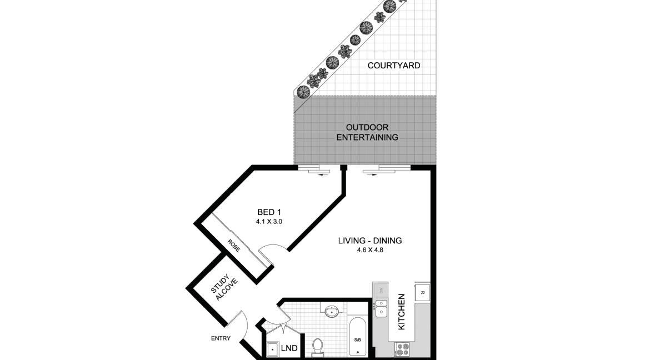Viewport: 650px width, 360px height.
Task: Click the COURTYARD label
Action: (x=393, y=66)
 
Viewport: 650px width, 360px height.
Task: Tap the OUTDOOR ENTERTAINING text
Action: (x=367, y=132)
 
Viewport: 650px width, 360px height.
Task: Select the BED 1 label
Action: (x=269, y=213)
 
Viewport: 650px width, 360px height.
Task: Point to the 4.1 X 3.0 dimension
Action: (x=269, y=222)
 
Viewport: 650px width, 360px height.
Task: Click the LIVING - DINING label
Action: (x=370, y=241)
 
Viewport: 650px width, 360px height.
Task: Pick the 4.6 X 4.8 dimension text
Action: (x=370, y=250)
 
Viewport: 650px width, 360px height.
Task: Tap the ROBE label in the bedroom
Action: (x=233, y=246)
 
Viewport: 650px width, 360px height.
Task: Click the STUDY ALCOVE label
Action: (x=224, y=287)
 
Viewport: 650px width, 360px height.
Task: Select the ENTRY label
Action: (x=221, y=338)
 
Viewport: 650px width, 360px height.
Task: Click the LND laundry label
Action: (x=289, y=348)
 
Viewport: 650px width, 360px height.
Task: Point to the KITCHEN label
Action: (x=401, y=312)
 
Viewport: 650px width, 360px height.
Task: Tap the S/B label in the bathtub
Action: (x=357, y=340)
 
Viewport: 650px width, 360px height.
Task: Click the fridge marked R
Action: (x=422, y=292)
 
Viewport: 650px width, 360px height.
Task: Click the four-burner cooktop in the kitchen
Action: (x=401, y=349)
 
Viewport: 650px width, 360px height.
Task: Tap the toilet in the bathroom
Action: (x=317, y=348)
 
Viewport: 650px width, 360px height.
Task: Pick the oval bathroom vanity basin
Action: (x=332, y=311)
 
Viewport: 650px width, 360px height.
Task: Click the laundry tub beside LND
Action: (x=272, y=349)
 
